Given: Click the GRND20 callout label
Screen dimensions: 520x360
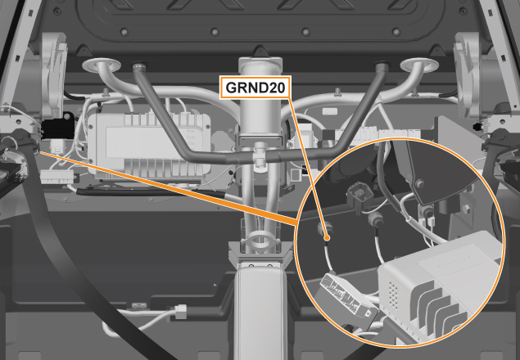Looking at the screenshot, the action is (255, 88).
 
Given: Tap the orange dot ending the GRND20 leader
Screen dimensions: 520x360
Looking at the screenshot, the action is (327, 237).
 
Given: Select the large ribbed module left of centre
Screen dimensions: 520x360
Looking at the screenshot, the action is (148, 145).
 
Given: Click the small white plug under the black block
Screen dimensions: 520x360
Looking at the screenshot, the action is (57, 146).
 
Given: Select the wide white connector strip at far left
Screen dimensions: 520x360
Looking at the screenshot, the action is (57, 177).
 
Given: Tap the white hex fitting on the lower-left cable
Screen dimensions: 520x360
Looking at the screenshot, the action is (180, 312).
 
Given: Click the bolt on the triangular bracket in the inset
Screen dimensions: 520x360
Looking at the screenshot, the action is (421, 183).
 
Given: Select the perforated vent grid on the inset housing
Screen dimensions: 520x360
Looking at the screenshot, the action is (393, 295).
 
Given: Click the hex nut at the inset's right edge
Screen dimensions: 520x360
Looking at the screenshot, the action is (466, 209).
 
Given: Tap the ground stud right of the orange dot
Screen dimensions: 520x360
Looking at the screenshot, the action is (374, 218).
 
